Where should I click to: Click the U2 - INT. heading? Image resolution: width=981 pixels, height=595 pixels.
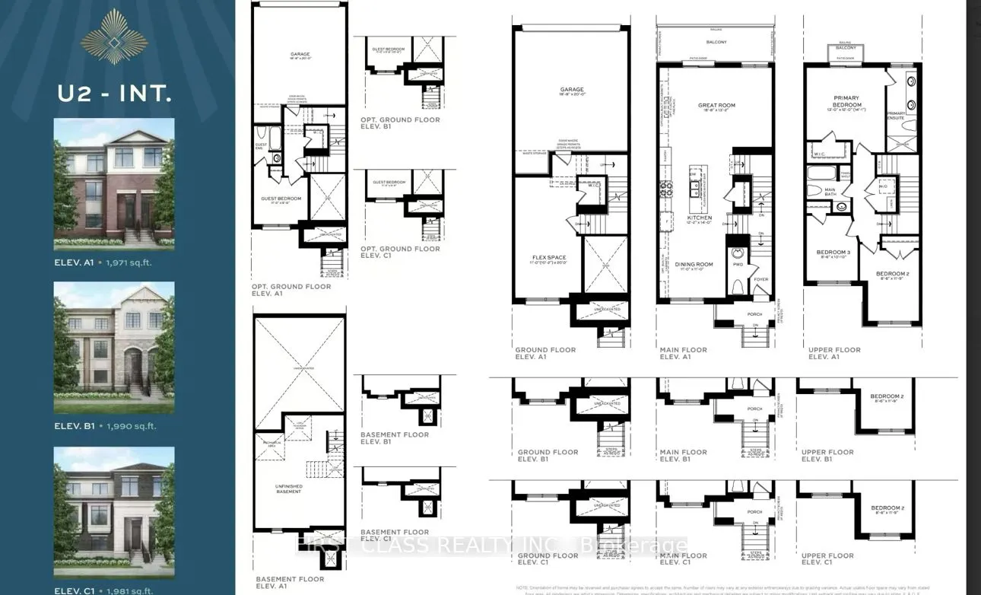tap(114, 94)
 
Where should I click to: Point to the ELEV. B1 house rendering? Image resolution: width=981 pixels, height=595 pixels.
tap(114, 347)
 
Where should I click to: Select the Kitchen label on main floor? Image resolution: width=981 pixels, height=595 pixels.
tap(700, 218)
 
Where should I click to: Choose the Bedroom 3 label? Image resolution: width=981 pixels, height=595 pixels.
tap(832, 253)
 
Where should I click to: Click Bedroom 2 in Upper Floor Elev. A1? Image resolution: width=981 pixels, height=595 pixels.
tap(891, 274)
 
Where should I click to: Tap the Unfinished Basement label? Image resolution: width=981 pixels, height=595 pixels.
tap(288, 488)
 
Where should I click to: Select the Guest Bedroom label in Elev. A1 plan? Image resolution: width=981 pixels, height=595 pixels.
tap(282, 199)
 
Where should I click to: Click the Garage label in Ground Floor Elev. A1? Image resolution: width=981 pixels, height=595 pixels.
tap(571, 90)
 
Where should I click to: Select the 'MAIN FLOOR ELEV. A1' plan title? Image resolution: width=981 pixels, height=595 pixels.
tap(683, 353)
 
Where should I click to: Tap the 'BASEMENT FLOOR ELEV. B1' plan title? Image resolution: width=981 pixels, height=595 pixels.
tap(394, 438)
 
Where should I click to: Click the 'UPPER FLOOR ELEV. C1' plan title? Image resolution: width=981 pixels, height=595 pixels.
tap(827, 559)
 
